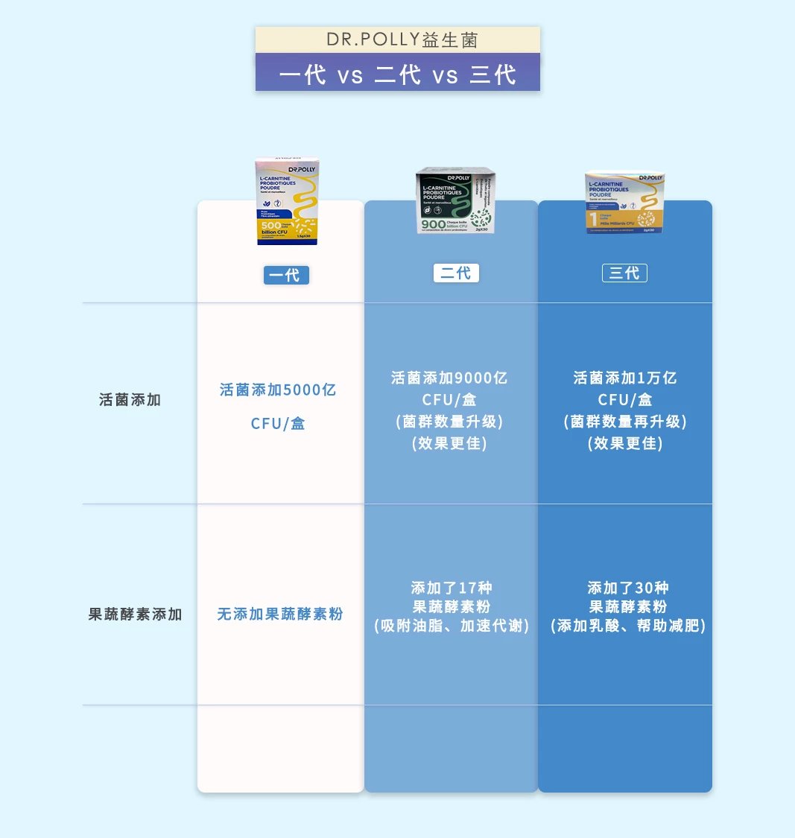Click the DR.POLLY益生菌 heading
pos(398,39)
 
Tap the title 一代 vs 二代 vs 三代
pos(398,74)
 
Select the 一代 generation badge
pos(286,275)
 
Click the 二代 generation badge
pos(456,273)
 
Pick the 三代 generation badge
pos(624,273)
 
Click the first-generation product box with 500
pos(288,201)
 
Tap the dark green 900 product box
pos(455,200)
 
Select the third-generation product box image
pos(624,203)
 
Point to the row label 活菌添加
pos(130,400)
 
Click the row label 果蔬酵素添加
pos(135,615)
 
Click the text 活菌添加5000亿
pos(278,390)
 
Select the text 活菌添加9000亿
pos(449,378)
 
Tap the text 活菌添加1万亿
pos(624,378)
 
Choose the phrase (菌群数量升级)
pos(449,422)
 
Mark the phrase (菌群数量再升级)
pos(624,422)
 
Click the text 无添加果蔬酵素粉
pos(280,615)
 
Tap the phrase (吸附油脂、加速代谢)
pos(452,626)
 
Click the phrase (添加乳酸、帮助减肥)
pos(627,626)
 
